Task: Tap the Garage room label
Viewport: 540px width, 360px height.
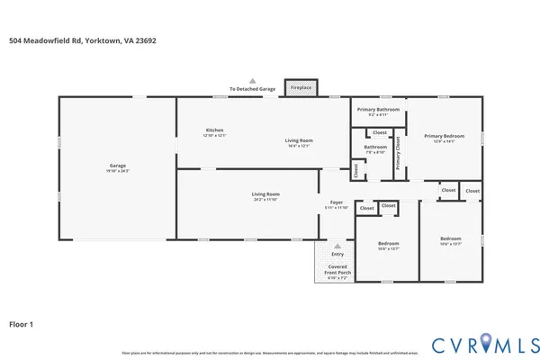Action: pyautogui.click(x=117, y=166)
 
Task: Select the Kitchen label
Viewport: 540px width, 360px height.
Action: pyautogui.click(x=214, y=130)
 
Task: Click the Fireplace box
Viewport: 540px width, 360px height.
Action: pyautogui.click(x=300, y=87)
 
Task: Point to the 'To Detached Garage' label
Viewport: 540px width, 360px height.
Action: pyautogui.click(x=252, y=89)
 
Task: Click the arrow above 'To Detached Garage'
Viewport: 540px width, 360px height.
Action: pyautogui.click(x=252, y=80)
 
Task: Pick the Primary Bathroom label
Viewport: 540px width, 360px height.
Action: pyautogui.click(x=378, y=109)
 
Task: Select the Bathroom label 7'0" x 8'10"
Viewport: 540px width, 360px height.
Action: pyautogui.click(x=375, y=147)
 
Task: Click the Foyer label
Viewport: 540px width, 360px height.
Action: pyautogui.click(x=336, y=202)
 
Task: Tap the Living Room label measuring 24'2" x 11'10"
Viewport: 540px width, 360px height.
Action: pyautogui.click(x=265, y=194)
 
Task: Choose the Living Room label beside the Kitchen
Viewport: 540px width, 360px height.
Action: pyautogui.click(x=299, y=140)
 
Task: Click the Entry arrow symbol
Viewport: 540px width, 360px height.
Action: pyautogui.click(x=337, y=245)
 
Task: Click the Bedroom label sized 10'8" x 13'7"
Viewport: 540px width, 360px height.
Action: pyautogui.click(x=389, y=244)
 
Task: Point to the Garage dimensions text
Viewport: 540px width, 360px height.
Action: pyautogui.click(x=117, y=171)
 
